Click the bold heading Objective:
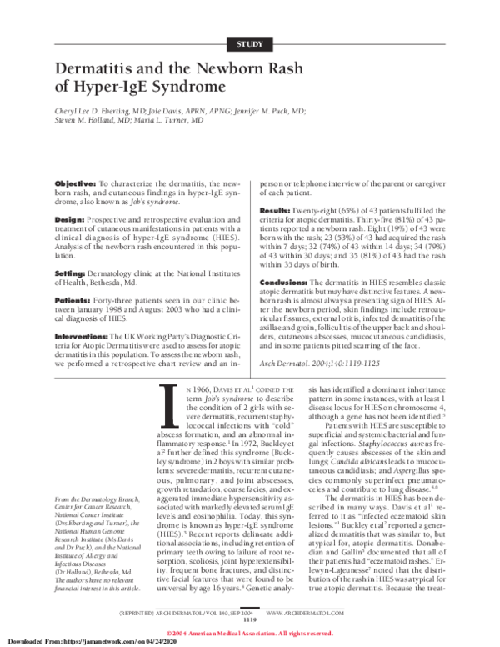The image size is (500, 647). (74, 182)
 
